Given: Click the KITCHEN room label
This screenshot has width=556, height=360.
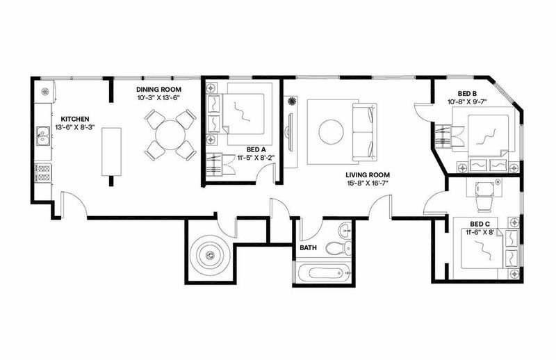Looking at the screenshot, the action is [x=75, y=119].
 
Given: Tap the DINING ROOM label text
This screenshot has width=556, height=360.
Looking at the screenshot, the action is [x=158, y=90].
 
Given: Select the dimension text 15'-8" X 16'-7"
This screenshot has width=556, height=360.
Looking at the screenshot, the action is [x=368, y=183].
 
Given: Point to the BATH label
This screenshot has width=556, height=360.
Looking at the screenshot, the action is [x=308, y=247].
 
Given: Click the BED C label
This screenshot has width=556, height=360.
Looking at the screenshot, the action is [x=480, y=224].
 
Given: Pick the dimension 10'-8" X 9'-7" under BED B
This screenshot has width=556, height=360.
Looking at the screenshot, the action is [x=467, y=101].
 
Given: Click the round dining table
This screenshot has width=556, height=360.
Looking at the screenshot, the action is [x=170, y=135].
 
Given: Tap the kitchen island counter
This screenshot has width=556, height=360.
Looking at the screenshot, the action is [x=111, y=152].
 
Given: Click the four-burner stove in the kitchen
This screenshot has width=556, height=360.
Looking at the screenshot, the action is [x=43, y=173].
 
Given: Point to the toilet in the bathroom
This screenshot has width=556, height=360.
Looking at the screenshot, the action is [x=338, y=247].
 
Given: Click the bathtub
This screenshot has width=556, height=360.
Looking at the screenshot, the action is [x=322, y=273].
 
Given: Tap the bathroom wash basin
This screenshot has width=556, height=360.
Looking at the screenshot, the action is [x=345, y=231].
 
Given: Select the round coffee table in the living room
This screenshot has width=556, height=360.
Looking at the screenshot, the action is [x=331, y=132].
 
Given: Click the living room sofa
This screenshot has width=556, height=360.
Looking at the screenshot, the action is [x=364, y=132].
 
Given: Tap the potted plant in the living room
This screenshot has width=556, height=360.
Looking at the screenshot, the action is [x=292, y=101].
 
